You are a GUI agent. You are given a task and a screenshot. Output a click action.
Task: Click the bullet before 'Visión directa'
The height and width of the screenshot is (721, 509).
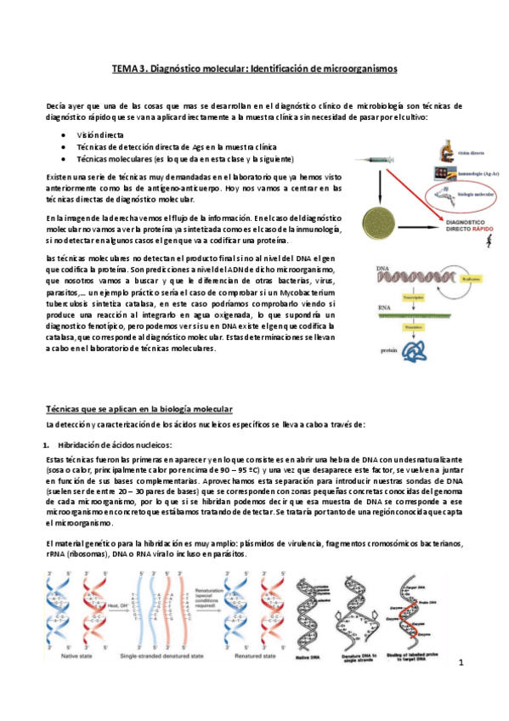coord(65,135)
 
